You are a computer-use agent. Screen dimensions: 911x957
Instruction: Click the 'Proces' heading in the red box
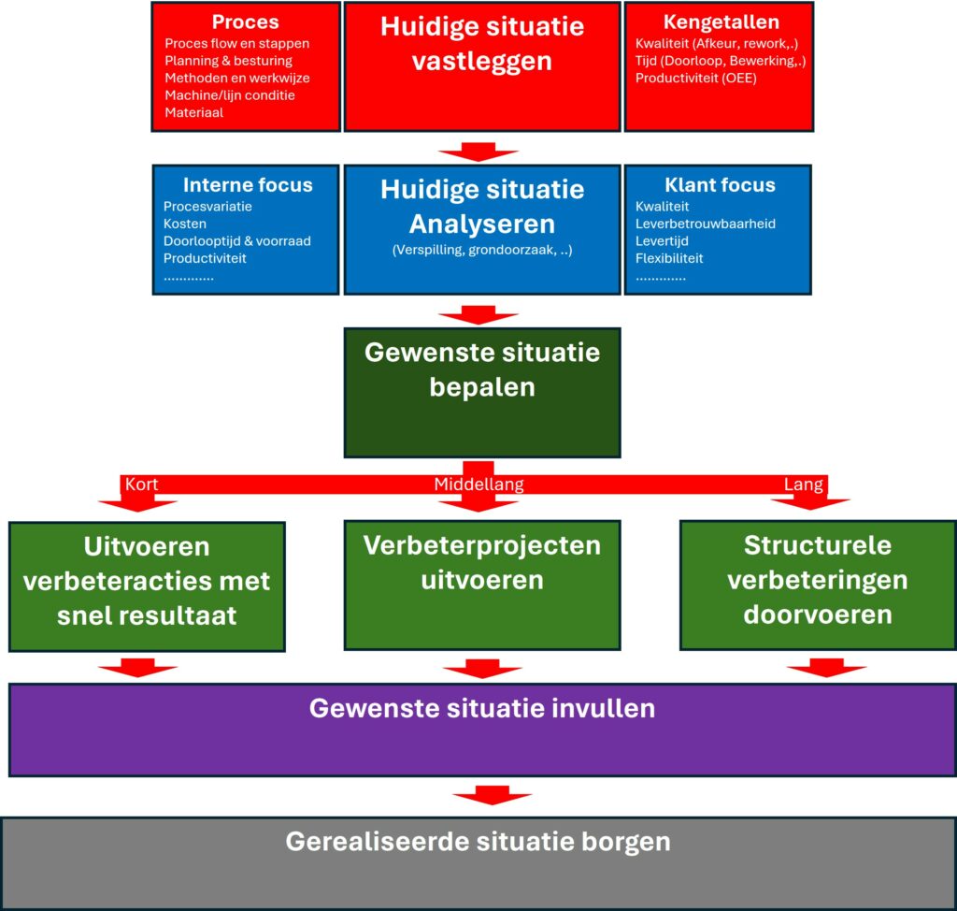pyautogui.click(x=245, y=22)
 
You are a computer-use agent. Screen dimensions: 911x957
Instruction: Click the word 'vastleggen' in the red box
pyautogui.click(x=481, y=62)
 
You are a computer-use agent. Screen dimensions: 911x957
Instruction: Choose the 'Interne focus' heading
pyautogui.click(x=248, y=185)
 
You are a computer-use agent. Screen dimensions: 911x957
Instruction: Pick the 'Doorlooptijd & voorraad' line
pyautogui.click(x=237, y=241)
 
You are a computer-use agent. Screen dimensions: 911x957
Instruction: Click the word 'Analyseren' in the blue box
pyautogui.click(x=481, y=224)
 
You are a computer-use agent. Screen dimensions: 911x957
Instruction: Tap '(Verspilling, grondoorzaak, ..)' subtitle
pyautogui.click(x=481, y=251)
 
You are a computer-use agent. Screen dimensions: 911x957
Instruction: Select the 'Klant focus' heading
pyautogui.click(x=720, y=185)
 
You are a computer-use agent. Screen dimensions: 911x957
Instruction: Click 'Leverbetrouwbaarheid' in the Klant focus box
pyautogui.click(x=706, y=224)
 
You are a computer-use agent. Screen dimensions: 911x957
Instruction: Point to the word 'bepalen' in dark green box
pyautogui.click(x=481, y=387)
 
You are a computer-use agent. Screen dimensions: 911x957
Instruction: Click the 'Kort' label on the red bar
pyautogui.click(x=141, y=484)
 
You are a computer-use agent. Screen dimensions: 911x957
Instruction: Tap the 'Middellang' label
pyautogui.click(x=478, y=484)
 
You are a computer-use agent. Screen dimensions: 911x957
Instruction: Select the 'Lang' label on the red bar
pyautogui.click(x=804, y=484)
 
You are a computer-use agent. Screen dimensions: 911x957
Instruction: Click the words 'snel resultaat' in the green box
pyautogui.click(x=146, y=615)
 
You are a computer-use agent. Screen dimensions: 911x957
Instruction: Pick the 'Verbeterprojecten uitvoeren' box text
pyautogui.click(x=481, y=562)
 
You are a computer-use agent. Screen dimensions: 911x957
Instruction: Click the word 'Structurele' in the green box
pyautogui.click(x=818, y=545)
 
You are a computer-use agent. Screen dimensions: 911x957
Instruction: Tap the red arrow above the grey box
pyautogui.click(x=492, y=797)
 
